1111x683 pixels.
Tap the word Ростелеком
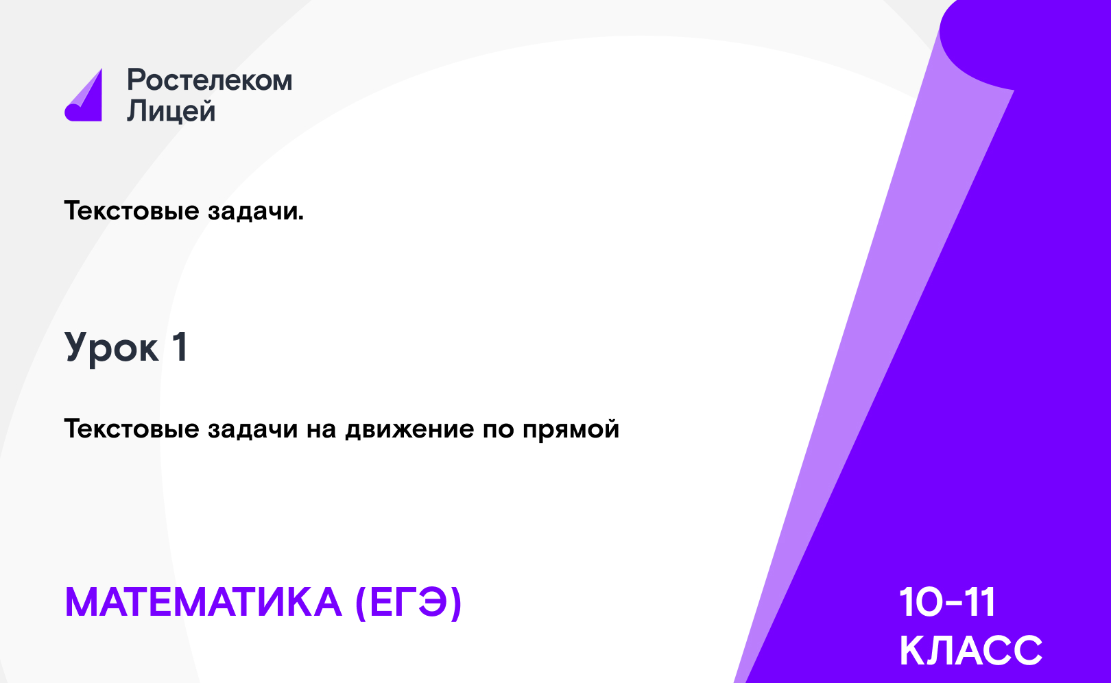(x=210, y=80)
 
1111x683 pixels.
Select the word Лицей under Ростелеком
(x=171, y=111)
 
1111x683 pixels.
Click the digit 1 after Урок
(x=180, y=347)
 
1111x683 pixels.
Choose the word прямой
(x=571, y=429)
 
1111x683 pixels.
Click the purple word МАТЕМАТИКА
(x=204, y=602)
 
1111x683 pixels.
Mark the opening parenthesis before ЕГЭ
(x=361, y=603)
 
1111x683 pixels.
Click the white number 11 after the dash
(x=980, y=602)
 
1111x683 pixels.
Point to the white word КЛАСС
(x=970, y=650)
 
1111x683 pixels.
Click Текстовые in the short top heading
(x=132, y=211)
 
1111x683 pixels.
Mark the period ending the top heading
(x=300, y=219)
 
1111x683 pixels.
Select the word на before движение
(x=322, y=430)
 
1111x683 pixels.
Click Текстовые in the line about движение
(x=132, y=429)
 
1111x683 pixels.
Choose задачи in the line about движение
(x=252, y=429)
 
